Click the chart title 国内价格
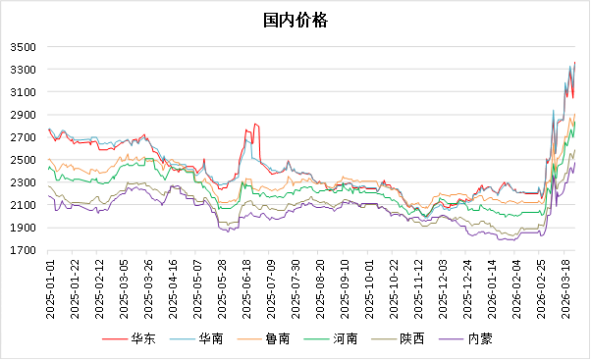tap(295, 21)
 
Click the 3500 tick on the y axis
tap(24, 47)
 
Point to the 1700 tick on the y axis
tap(24, 250)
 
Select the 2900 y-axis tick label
tap(24, 115)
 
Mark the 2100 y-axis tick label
tap(24, 205)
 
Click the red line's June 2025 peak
tap(255, 125)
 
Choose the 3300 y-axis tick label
tap(24, 70)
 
